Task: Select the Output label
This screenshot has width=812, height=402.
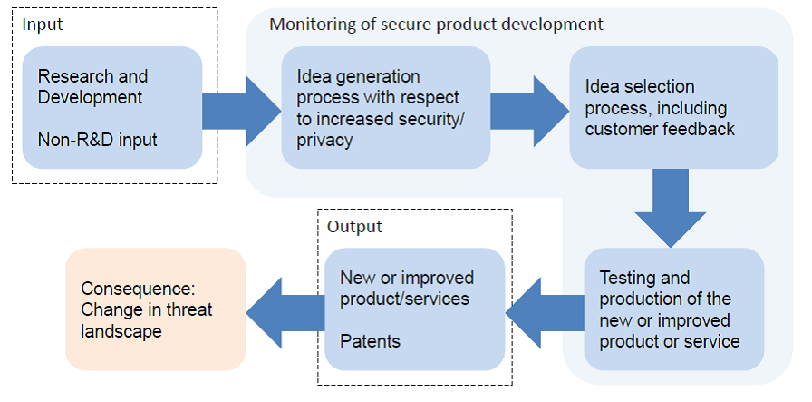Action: (354, 226)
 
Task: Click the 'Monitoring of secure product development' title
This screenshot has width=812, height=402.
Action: (436, 24)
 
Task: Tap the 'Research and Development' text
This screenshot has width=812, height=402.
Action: (92, 87)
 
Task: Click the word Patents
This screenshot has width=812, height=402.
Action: (369, 341)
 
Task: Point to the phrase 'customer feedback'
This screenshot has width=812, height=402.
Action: (660, 129)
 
